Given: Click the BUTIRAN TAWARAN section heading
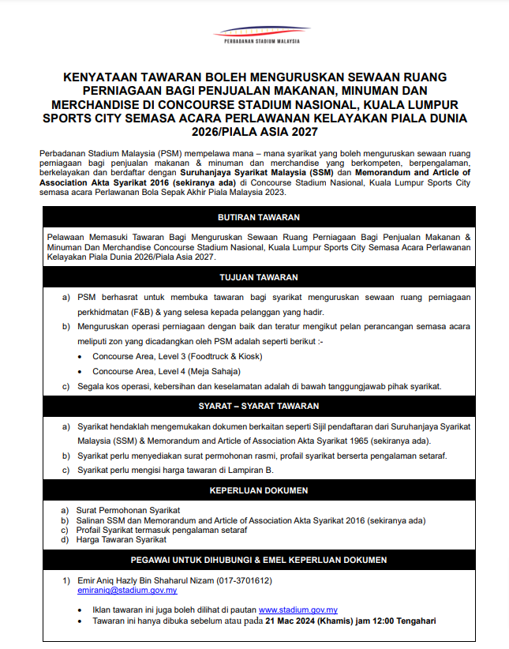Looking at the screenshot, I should (259, 217).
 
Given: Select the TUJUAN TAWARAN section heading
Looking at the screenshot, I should (259, 277).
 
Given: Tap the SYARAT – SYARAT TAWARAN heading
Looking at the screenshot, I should (259, 407).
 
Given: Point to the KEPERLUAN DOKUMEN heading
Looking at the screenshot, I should (259, 490).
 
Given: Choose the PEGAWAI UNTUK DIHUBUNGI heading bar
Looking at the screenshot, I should (259, 560).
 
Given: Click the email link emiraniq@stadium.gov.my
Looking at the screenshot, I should (127, 590).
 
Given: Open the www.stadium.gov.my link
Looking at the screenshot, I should (298, 610).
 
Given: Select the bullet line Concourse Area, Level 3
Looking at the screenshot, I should (177, 356).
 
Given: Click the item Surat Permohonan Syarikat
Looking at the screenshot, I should (128, 511).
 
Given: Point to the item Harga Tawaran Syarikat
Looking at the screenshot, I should (122, 540).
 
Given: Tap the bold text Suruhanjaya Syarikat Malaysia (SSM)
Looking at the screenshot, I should (256, 171).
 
